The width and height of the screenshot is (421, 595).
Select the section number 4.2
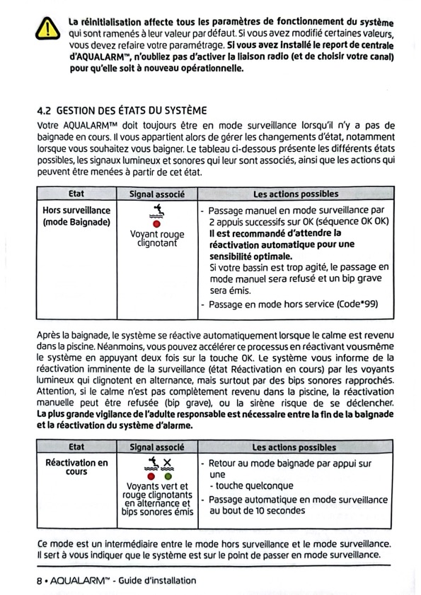[x=44, y=111]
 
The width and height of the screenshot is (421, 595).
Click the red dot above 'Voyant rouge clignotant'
[x=156, y=224]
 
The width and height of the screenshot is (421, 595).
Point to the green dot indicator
[x=168, y=476]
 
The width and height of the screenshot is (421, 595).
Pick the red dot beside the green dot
[x=151, y=476]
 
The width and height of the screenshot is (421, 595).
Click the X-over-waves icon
[x=167, y=464]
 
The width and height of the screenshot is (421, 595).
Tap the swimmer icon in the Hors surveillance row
[x=156, y=211]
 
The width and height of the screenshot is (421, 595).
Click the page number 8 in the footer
[x=39, y=581]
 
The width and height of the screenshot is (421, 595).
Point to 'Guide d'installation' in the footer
[x=157, y=581]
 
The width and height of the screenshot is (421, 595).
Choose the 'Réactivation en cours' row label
[x=76, y=467]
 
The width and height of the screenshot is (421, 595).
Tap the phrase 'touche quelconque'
[x=255, y=485]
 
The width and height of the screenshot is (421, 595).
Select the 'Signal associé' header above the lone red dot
[x=157, y=194]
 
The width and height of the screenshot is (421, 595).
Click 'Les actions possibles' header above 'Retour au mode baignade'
[x=294, y=447]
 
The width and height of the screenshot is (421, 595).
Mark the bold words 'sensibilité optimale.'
[x=250, y=256]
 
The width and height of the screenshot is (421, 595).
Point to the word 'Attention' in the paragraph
[x=54, y=391]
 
